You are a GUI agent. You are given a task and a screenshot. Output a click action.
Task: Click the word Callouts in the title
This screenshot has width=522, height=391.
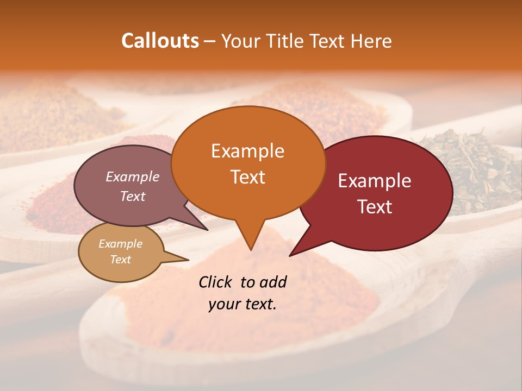[x=160, y=41]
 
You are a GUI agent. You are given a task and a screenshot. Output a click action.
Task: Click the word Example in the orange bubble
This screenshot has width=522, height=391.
[x=247, y=151]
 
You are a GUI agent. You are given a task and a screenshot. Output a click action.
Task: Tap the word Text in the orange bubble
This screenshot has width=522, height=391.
[x=247, y=177]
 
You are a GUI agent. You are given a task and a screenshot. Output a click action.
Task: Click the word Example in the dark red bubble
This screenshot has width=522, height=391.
[x=375, y=181]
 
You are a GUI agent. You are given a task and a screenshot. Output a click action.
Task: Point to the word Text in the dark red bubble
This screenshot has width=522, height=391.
[x=375, y=207]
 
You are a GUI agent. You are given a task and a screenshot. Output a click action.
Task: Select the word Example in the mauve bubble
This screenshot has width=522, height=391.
[x=132, y=176]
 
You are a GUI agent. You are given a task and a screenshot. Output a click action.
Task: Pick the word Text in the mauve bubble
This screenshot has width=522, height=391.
[x=133, y=196]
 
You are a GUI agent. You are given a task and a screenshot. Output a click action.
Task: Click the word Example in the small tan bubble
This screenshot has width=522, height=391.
[x=120, y=244]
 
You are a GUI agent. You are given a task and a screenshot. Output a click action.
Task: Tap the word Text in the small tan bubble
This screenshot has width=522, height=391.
[x=120, y=260]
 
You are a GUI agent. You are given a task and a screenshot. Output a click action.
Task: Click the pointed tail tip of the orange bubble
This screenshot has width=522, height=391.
[x=251, y=250]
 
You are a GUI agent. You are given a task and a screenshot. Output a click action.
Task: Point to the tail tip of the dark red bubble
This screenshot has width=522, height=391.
[x=290, y=255]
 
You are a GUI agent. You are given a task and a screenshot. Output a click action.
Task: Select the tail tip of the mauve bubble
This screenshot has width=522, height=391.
[x=208, y=230]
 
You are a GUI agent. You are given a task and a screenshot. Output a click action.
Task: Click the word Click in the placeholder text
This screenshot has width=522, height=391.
[x=216, y=282]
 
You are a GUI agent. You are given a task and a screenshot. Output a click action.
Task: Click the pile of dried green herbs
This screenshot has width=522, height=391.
[x=468, y=168]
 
